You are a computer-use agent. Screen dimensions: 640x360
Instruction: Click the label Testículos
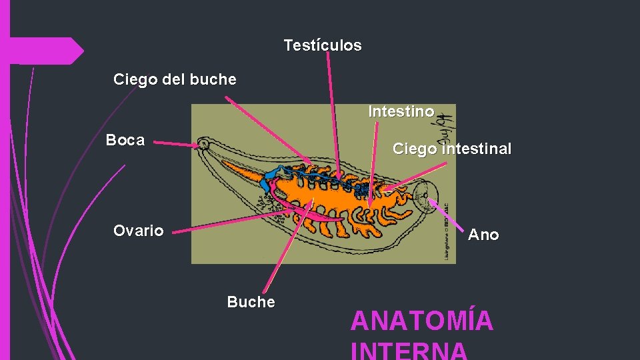coord(322,45)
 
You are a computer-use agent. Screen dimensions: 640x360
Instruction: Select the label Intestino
coord(401,111)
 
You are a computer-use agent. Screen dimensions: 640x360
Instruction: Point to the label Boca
coord(125,140)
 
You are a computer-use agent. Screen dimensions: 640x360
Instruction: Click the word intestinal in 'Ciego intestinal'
coord(476,149)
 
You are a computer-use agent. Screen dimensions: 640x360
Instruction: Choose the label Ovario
coord(138,231)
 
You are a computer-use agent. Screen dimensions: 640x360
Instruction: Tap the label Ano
coord(483,235)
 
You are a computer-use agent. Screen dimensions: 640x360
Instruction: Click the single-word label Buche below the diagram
coord(251,302)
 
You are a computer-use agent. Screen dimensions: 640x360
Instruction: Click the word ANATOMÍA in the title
coord(421,321)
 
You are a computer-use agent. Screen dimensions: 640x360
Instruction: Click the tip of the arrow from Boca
coord(199,145)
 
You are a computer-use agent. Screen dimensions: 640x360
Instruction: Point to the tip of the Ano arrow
coord(429,199)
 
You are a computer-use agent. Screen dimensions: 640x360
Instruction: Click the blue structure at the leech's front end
coord(271,178)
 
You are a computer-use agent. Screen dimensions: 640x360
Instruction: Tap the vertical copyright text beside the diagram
coord(445,231)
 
